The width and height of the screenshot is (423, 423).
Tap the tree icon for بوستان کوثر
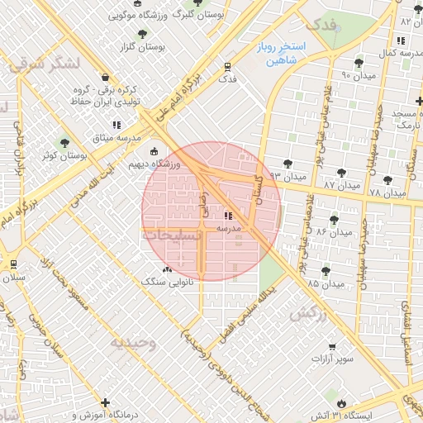pos(64,143)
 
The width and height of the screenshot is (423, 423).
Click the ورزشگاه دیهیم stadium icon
pos(154,151)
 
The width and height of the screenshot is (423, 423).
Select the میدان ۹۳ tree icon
pos(288,163)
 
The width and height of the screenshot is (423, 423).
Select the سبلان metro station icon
pos(13,264)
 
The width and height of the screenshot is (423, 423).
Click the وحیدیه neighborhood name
pos(135,343)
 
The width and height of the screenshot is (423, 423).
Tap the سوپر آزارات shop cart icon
pos(332,346)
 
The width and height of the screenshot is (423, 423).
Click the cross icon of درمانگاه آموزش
pos(105,402)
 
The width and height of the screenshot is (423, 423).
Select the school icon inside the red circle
pos(228,216)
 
